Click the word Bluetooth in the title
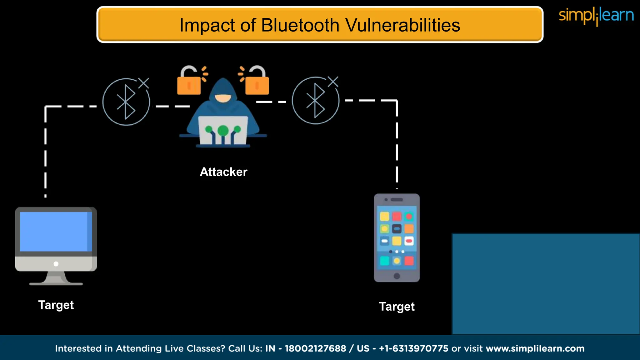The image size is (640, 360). click(300, 25)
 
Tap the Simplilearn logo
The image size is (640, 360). click(596, 16)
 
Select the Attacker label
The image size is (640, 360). click(223, 172)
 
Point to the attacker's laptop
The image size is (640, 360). click(223, 131)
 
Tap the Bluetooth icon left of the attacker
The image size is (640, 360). click(126, 102)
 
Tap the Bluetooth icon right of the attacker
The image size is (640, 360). click(315, 101)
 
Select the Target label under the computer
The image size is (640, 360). click(56, 305)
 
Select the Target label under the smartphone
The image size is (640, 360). click(397, 307)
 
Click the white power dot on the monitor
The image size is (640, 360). click(56, 264)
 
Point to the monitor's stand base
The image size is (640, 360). click(56, 283)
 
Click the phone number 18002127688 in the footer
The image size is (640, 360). click(315, 348)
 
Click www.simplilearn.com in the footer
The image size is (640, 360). click(535, 348)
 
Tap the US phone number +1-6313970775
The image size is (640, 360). click(413, 348)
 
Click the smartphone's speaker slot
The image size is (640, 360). click(397, 200)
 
